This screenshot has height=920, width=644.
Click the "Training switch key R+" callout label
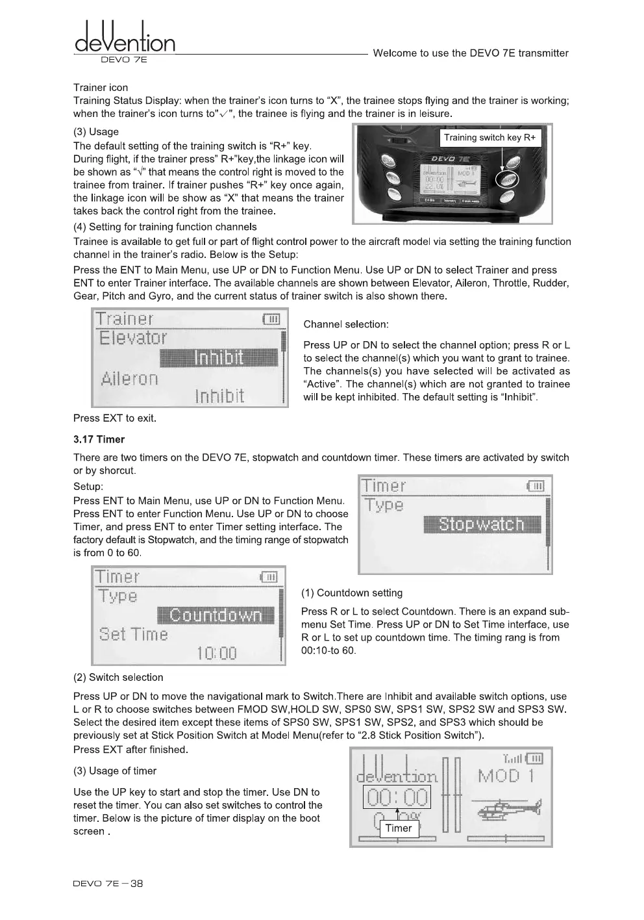489,138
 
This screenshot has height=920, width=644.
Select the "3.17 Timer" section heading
99,439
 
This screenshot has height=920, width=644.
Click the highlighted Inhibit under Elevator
219,358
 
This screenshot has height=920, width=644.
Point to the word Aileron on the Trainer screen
129,379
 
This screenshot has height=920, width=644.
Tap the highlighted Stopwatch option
481,524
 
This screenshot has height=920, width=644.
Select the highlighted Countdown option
216,615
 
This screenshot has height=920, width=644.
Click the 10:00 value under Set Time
217,652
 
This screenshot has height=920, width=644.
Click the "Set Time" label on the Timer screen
133,634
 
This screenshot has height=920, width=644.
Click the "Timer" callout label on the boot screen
398,828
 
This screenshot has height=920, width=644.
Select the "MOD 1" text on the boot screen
505,776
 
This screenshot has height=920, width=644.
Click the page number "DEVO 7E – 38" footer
108,883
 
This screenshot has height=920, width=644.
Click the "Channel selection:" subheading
346,324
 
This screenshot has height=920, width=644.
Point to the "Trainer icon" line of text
101,88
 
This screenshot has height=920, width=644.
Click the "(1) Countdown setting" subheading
351,593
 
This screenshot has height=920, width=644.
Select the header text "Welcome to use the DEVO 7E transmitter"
471,53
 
